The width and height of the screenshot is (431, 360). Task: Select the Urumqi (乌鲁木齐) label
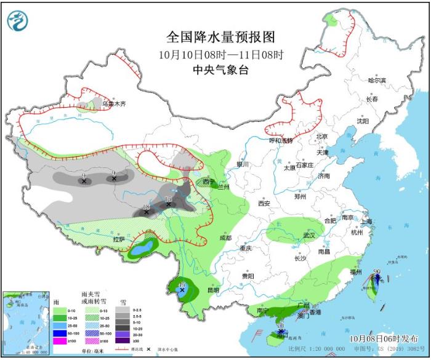point(114,104)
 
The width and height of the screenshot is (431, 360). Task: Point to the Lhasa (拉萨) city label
point(118,239)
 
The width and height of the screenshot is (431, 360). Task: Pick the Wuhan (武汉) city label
point(308,235)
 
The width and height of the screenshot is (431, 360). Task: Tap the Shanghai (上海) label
point(368,222)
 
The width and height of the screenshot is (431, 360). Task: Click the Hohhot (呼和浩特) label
point(281,140)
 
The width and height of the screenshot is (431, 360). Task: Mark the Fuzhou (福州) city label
point(356,271)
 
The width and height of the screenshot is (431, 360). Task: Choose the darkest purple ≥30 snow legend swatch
point(126,340)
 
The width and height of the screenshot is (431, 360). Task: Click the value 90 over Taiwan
point(377,271)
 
